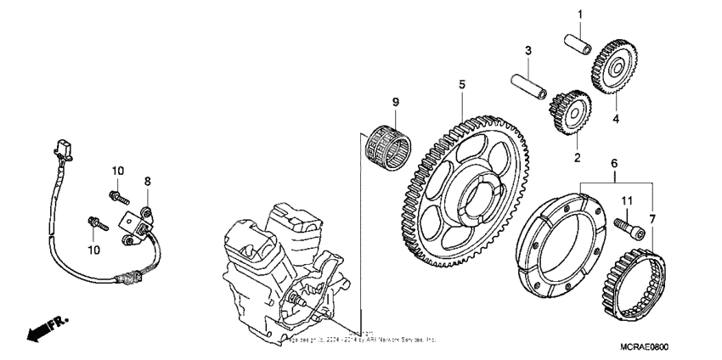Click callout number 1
581,14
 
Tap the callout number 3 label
527,52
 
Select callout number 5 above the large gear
462,84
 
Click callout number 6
615,162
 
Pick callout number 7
652,220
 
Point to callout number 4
617,119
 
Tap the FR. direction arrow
47,329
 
